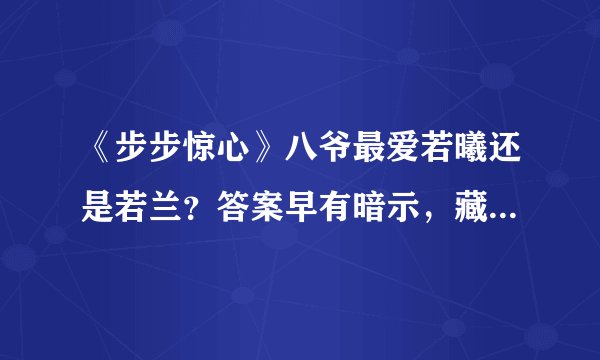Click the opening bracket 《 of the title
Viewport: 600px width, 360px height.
coord(97,152)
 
